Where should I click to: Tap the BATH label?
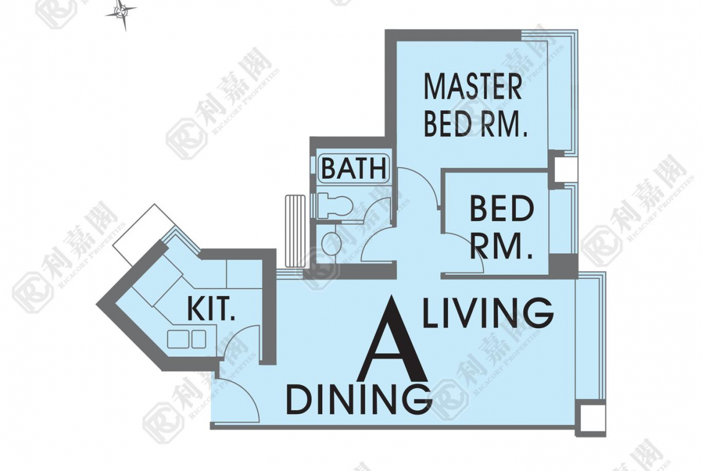click(353, 169)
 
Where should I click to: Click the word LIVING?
click(488, 312)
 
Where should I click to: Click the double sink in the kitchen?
click(187, 339)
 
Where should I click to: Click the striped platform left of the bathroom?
click(295, 230)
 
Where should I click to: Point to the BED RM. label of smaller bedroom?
click(502, 227)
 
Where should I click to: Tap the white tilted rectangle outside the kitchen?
click(140, 234)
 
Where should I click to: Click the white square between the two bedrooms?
click(566, 169)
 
